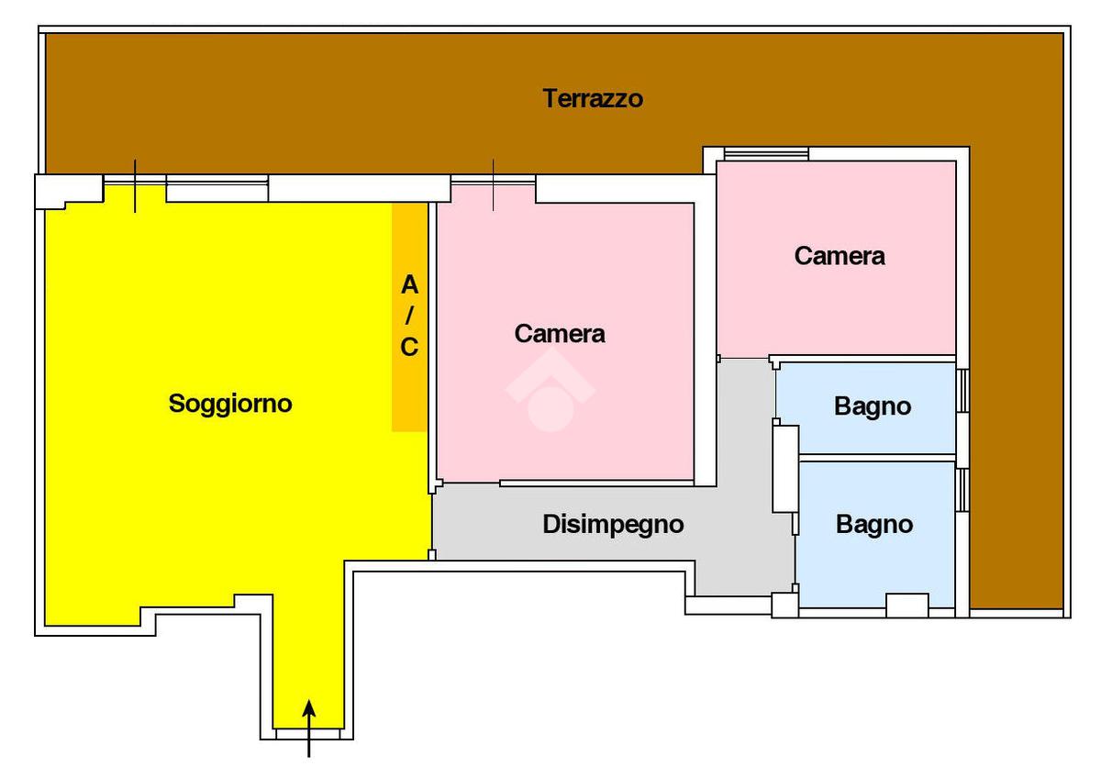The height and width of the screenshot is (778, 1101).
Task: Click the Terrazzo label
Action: (593, 98)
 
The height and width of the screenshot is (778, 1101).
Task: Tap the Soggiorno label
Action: (230, 404)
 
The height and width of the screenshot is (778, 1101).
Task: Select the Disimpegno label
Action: (613, 525)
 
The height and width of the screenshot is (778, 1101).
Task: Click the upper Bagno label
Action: (873, 407)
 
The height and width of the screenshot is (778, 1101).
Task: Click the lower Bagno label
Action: (874, 525)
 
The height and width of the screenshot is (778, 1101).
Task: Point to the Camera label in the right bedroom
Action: (840, 256)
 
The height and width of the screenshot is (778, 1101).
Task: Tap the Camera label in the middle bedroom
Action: (560, 334)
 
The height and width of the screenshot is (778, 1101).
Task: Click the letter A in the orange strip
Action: (409, 285)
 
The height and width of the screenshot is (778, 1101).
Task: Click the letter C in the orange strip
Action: (409, 347)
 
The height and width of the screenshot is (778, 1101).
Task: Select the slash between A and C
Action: (409, 315)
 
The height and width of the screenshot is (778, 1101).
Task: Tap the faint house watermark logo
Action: (551, 389)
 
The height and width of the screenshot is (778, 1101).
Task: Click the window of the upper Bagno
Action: (963, 391)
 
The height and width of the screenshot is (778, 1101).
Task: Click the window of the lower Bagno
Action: (963, 490)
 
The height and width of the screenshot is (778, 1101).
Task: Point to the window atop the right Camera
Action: (766, 153)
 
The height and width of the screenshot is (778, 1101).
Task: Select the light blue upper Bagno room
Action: (866, 408)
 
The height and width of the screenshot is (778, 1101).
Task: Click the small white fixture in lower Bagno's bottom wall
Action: (907, 606)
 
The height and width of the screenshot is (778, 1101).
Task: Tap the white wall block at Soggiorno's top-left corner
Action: (69, 189)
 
